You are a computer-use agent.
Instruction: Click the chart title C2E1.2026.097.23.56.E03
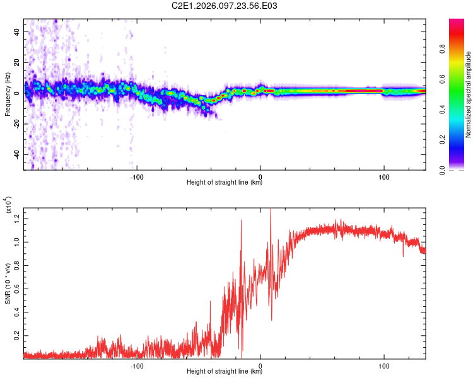point(225,6)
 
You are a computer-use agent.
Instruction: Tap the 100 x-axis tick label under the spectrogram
point(383,176)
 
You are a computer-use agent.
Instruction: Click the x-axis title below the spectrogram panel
point(225,183)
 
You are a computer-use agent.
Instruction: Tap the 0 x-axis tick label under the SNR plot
point(261,365)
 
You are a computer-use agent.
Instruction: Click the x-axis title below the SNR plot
point(225,372)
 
